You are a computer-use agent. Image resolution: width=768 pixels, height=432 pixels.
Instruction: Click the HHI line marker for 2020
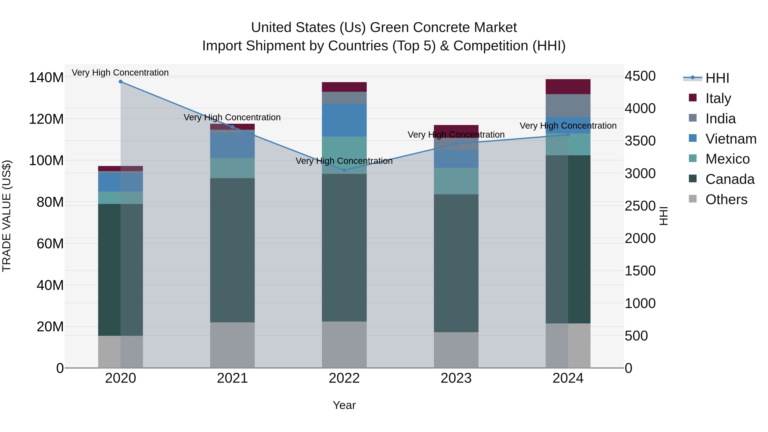[121, 82]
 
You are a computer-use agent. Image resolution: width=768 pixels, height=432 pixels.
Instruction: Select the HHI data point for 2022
[344, 170]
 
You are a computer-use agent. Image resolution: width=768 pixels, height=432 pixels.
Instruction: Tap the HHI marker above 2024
[568, 135]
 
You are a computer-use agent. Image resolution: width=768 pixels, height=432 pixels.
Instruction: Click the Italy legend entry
[718, 98]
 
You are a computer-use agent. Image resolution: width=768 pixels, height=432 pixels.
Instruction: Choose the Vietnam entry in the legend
[730, 139]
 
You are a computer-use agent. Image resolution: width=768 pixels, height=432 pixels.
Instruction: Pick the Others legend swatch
[692, 199]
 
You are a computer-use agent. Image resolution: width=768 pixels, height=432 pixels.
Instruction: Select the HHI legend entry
[717, 78]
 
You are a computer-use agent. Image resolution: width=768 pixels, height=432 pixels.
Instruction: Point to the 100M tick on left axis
[46, 161]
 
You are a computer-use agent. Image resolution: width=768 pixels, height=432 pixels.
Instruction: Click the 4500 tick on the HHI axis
[640, 76]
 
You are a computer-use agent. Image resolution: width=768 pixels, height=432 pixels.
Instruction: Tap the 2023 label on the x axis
[456, 378]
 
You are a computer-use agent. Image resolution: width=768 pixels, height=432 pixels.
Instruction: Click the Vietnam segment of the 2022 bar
[344, 120]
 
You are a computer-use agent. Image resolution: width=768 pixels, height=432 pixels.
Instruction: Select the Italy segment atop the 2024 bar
[568, 87]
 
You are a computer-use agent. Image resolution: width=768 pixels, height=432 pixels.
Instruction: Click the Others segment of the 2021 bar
[232, 345]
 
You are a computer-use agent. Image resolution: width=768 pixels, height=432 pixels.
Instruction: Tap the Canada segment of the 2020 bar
[121, 270]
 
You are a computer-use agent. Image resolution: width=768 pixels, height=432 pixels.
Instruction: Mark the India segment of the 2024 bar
[568, 106]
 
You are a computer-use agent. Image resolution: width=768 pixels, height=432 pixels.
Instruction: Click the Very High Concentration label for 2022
[344, 161]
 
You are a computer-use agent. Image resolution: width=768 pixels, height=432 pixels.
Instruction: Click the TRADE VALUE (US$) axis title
[7, 216]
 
